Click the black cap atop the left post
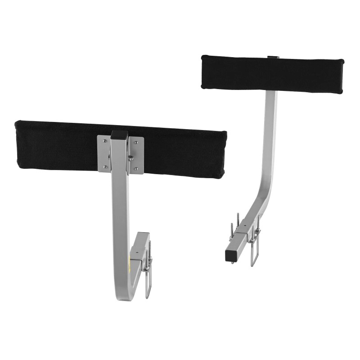point(120,134)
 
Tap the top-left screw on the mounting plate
point(105,141)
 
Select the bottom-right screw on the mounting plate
point(136,169)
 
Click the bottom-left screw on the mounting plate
point(105,167)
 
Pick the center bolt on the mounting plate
point(130,157)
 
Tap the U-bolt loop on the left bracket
point(148,288)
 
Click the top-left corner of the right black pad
point(204,57)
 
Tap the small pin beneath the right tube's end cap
point(232,262)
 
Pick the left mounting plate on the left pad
point(104,154)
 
